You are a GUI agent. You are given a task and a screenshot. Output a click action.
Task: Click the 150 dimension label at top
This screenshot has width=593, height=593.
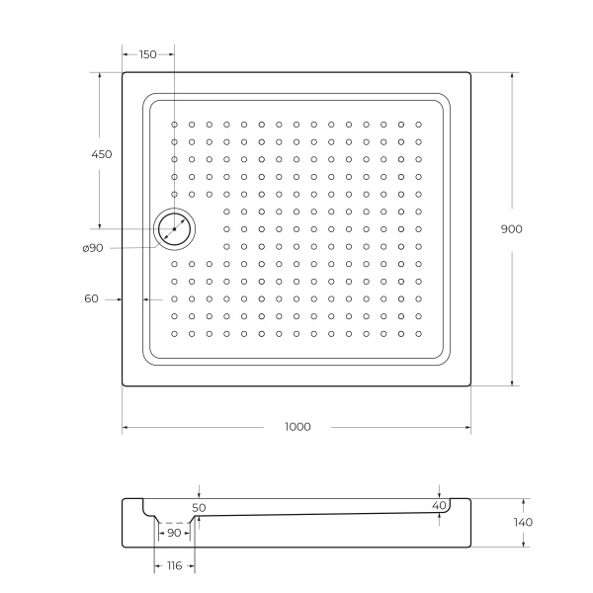pyautogui.click(x=147, y=54)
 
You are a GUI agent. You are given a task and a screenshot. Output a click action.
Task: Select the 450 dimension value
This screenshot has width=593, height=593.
pyautogui.click(x=100, y=154)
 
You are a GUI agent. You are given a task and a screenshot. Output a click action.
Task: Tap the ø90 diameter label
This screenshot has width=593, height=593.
pyautogui.click(x=93, y=247)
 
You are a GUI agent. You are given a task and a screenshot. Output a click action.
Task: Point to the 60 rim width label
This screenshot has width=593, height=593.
pyautogui.click(x=91, y=297)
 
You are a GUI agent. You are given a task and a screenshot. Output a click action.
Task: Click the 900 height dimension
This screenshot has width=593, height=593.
pyautogui.click(x=511, y=228)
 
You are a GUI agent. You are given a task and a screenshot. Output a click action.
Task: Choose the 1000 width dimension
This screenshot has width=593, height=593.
pyautogui.click(x=296, y=427)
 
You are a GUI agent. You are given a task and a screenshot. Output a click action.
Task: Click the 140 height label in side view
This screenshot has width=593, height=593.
pyautogui.click(x=523, y=522)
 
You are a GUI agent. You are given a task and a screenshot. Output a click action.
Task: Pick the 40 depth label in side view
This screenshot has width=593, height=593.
pyautogui.click(x=439, y=506)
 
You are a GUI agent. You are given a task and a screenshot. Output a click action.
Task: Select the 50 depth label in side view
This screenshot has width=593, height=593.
pyautogui.click(x=199, y=507)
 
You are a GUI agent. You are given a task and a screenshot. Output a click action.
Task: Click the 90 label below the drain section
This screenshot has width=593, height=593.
pyautogui.click(x=174, y=534)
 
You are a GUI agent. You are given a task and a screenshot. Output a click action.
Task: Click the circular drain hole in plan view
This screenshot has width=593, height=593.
pyautogui.click(x=174, y=229)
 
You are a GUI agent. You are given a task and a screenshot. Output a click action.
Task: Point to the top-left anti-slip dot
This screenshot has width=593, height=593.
pyautogui.click(x=174, y=125)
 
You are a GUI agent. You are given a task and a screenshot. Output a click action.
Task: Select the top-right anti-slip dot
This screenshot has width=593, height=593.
pyautogui.click(x=418, y=125)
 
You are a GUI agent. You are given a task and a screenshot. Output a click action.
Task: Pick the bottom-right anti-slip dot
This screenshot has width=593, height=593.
pyautogui.click(x=418, y=333)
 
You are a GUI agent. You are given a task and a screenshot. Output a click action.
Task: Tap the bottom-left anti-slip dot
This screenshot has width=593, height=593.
pyautogui.click(x=174, y=333)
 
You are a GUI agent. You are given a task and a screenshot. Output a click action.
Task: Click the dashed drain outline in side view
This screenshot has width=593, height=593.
pyautogui.click(x=174, y=523)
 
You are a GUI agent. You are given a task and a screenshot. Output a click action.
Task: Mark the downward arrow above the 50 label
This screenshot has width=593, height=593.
pyautogui.click(x=199, y=493)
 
